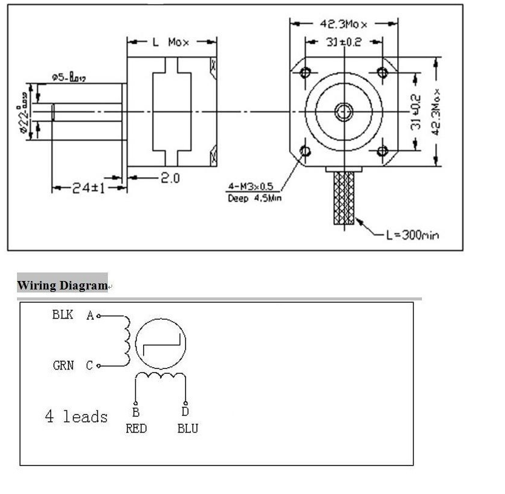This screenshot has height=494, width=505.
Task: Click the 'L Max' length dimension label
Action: [x=170, y=42]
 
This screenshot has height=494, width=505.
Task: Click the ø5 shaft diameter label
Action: [x=69, y=77]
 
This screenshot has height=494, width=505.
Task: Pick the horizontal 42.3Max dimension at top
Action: [x=344, y=24]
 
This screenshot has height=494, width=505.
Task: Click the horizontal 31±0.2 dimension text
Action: [x=344, y=42]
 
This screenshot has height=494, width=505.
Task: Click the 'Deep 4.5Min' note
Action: [x=255, y=198]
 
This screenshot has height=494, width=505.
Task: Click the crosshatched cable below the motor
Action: [x=344, y=197]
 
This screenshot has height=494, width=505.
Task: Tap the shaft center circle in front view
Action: [x=344, y=111]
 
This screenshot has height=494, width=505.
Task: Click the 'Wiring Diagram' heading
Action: [x=62, y=285]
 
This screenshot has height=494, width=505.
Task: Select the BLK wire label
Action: [x=63, y=314]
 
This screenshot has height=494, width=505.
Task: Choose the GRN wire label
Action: [x=64, y=365]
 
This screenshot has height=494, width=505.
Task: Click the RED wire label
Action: [x=136, y=428]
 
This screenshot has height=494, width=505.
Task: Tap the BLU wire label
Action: [x=187, y=428]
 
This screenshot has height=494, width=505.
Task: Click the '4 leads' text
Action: [x=76, y=416]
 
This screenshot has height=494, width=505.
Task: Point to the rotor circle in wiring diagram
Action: [x=160, y=344]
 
